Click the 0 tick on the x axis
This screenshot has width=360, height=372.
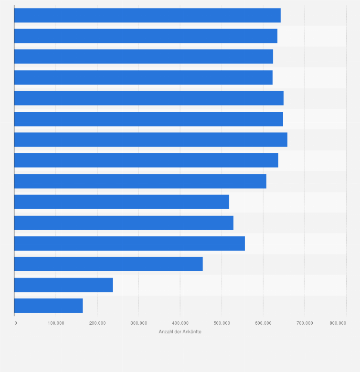click(x=16, y=323)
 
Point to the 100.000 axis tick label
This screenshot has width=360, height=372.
click(x=56, y=323)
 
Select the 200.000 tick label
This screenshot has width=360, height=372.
click(x=97, y=323)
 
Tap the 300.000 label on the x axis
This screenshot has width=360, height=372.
click(x=139, y=323)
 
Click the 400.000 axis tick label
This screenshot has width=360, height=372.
click(x=180, y=323)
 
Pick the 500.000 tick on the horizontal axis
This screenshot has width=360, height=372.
click(x=222, y=323)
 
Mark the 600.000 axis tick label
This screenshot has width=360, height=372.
click(x=263, y=323)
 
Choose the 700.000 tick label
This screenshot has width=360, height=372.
click(x=305, y=323)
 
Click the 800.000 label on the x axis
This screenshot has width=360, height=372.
click(x=338, y=323)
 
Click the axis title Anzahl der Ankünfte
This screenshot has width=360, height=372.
click(x=180, y=332)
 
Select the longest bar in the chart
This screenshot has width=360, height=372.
click(x=150, y=139)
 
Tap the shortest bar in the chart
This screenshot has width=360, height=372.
click(x=48, y=306)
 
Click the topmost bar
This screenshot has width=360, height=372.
click(x=147, y=15)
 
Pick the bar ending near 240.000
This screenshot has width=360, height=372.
click(x=64, y=285)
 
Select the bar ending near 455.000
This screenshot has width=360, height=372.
click(x=108, y=264)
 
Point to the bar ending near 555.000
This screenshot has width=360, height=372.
click(x=129, y=244)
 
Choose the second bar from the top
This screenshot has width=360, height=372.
click(x=146, y=36)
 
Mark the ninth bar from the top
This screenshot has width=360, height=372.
click(x=140, y=181)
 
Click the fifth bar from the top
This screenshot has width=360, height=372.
click(x=148, y=98)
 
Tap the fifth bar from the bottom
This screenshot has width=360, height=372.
click(x=124, y=223)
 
